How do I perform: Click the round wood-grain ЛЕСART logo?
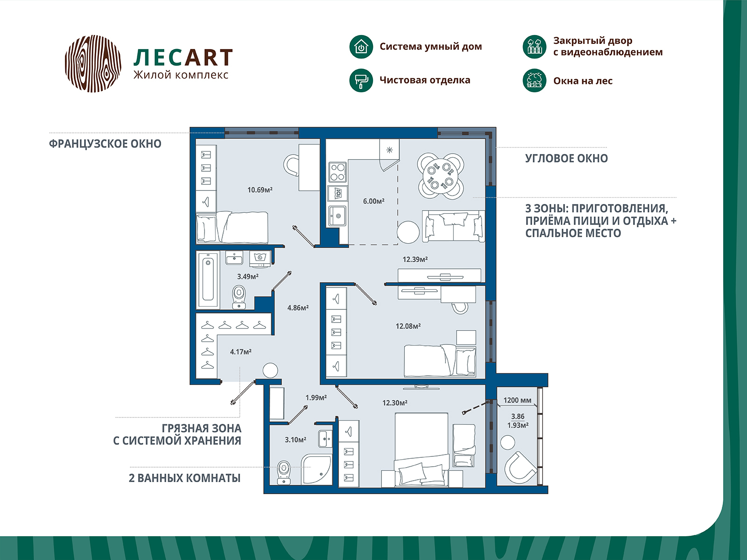coord(93,63)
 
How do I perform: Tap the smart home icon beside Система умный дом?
coord(361,47)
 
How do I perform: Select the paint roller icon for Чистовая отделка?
coord(361,80)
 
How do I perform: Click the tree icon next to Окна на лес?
coord(534,81)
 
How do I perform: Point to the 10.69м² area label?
coord(260,190)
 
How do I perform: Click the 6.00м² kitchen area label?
coord(373,201)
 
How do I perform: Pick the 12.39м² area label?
coord(415,259)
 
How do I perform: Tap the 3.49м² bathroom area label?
coord(247,277)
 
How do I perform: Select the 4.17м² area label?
coord(240,352)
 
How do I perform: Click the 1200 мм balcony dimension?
coord(517,400)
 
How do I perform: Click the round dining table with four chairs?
coord(440,176)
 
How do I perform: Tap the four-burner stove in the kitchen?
coord(338,172)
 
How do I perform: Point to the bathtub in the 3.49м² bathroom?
coord(208,280)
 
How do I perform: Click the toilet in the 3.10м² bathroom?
coord(283,473)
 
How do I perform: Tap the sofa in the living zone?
coord(453,226)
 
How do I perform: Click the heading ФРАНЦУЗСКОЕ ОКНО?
coord(105,144)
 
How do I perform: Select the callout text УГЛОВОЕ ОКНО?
coord(566,159)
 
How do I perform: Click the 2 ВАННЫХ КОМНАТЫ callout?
coord(184,478)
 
